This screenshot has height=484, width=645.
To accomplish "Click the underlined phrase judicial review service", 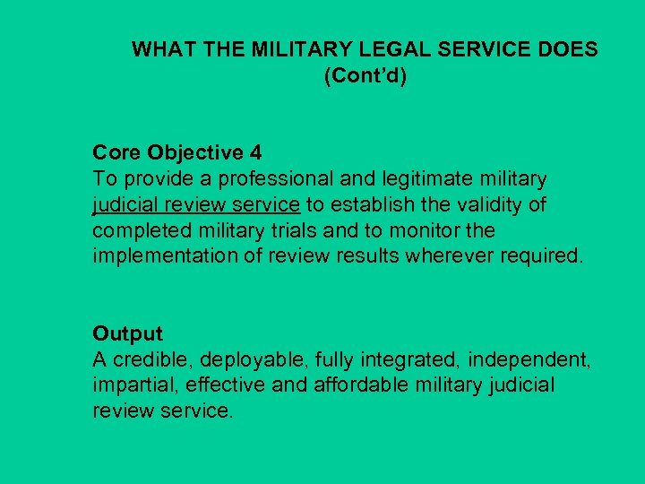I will (197, 205).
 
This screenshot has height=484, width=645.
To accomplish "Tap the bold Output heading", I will (127, 334).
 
